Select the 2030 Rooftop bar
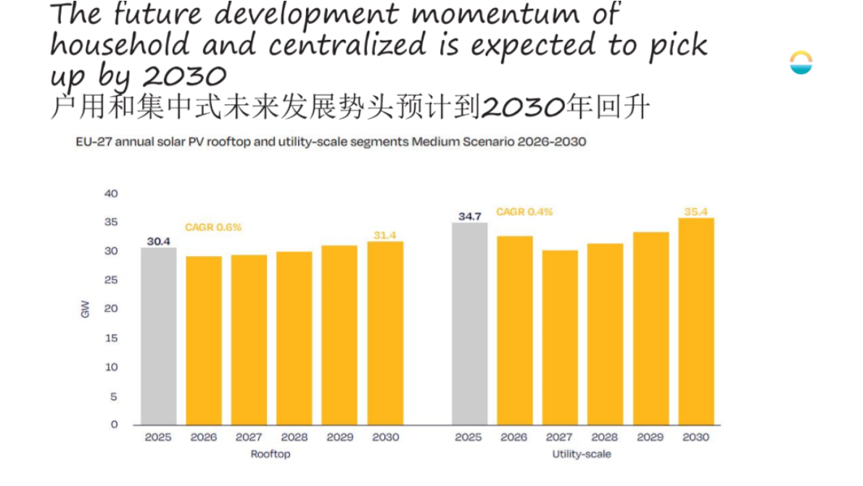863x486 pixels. (x=385, y=333)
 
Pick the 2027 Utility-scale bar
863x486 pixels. (x=560, y=337)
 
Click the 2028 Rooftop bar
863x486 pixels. (x=294, y=338)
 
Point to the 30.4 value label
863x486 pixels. (x=158, y=242)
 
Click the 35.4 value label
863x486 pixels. (x=695, y=212)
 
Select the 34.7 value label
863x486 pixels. (x=469, y=216)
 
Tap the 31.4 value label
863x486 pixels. (x=385, y=235)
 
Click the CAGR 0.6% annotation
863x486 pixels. (x=213, y=227)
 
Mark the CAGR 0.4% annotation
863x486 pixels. (x=524, y=212)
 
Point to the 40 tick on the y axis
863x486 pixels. (x=110, y=194)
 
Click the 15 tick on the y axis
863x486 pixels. (x=111, y=338)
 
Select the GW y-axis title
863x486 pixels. (x=86, y=310)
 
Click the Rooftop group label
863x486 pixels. (x=271, y=454)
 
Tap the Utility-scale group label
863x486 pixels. (x=582, y=454)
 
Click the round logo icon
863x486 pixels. (x=801, y=63)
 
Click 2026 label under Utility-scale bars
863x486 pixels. (x=514, y=437)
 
